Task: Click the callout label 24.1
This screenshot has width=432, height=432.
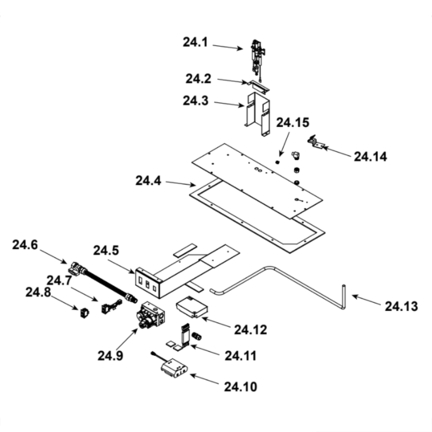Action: pyautogui.click(x=196, y=43)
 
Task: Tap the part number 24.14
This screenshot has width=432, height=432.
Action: pyautogui.click(x=370, y=156)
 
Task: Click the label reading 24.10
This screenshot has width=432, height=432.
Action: pyautogui.click(x=241, y=386)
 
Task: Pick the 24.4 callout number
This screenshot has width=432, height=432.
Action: pyautogui.click(x=148, y=181)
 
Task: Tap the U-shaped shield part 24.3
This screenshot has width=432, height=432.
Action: pyautogui.click(x=257, y=113)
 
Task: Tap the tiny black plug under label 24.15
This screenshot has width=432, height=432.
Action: pyautogui.click(x=278, y=162)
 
